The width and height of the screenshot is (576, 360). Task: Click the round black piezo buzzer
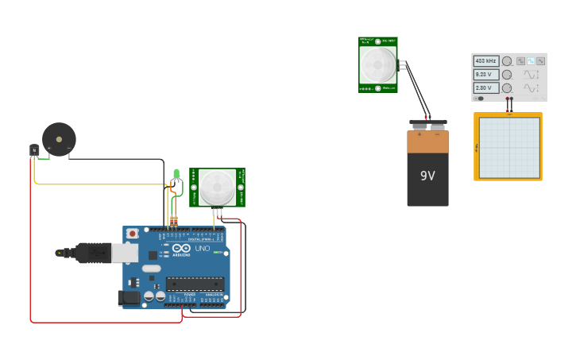(59, 139)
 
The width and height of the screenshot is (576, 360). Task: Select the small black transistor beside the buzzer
(34, 149)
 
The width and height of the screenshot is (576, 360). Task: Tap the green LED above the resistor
(176, 174)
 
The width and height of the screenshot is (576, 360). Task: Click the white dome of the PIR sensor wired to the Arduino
(217, 187)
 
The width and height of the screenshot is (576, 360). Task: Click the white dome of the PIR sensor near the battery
(377, 64)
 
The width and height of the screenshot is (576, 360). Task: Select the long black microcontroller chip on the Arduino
(195, 284)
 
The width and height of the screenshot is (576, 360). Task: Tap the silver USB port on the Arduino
(125, 253)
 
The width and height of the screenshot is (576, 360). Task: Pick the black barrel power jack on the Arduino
(129, 298)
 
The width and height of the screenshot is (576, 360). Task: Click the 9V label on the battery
(427, 176)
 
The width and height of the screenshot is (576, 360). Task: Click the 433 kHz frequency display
(486, 61)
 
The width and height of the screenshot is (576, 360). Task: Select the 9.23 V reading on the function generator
(486, 75)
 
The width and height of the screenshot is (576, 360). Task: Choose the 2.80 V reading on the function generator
(486, 88)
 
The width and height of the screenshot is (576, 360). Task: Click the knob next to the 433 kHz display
(507, 61)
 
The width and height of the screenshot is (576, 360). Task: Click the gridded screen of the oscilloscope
(508, 148)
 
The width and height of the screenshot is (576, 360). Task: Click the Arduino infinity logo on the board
(180, 249)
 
